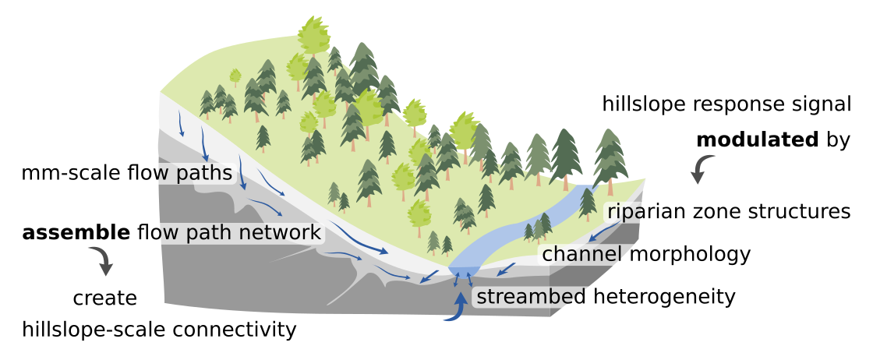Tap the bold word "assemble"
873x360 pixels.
coord(76,232)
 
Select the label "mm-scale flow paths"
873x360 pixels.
coord(128,172)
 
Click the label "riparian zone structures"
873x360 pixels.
coord(728,212)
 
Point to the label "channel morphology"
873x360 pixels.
coord(646,254)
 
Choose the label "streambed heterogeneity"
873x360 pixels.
coord(606,297)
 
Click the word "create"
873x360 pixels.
coord(105,298)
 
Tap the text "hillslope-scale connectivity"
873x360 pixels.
coord(160,330)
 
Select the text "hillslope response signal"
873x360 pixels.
coord(726,104)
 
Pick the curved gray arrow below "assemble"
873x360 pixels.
coord(101,260)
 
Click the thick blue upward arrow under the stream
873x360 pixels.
coord(460,305)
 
